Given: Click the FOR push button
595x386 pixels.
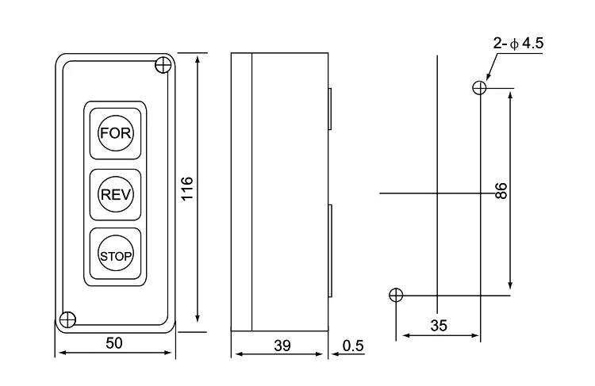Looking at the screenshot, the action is [x=115, y=133].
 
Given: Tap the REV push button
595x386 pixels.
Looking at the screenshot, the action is [x=115, y=194].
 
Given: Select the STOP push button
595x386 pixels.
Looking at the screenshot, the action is [x=115, y=256].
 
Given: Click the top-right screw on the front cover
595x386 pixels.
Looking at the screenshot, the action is [x=163, y=65].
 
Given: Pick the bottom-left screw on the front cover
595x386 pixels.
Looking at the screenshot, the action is [x=68, y=319].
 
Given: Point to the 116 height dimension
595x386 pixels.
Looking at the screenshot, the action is [x=187, y=189].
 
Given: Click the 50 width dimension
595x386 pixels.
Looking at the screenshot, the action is [x=114, y=343].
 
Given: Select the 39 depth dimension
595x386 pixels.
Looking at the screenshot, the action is [x=282, y=346].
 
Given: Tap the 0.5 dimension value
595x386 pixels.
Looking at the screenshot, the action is [x=353, y=346].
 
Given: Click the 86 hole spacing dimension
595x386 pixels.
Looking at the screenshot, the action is [x=501, y=190].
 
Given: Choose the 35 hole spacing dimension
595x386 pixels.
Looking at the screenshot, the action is [x=439, y=325].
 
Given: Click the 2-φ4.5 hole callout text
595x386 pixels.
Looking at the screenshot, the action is [x=518, y=44].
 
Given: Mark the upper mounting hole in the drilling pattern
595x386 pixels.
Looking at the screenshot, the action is [x=479, y=88].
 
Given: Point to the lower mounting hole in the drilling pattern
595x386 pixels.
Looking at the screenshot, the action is [x=396, y=295].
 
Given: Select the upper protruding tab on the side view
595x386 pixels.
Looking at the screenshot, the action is [x=330, y=109].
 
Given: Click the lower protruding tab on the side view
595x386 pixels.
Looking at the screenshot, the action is [x=330, y=250].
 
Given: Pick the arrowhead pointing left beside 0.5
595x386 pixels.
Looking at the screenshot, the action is [x=336, y=354].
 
